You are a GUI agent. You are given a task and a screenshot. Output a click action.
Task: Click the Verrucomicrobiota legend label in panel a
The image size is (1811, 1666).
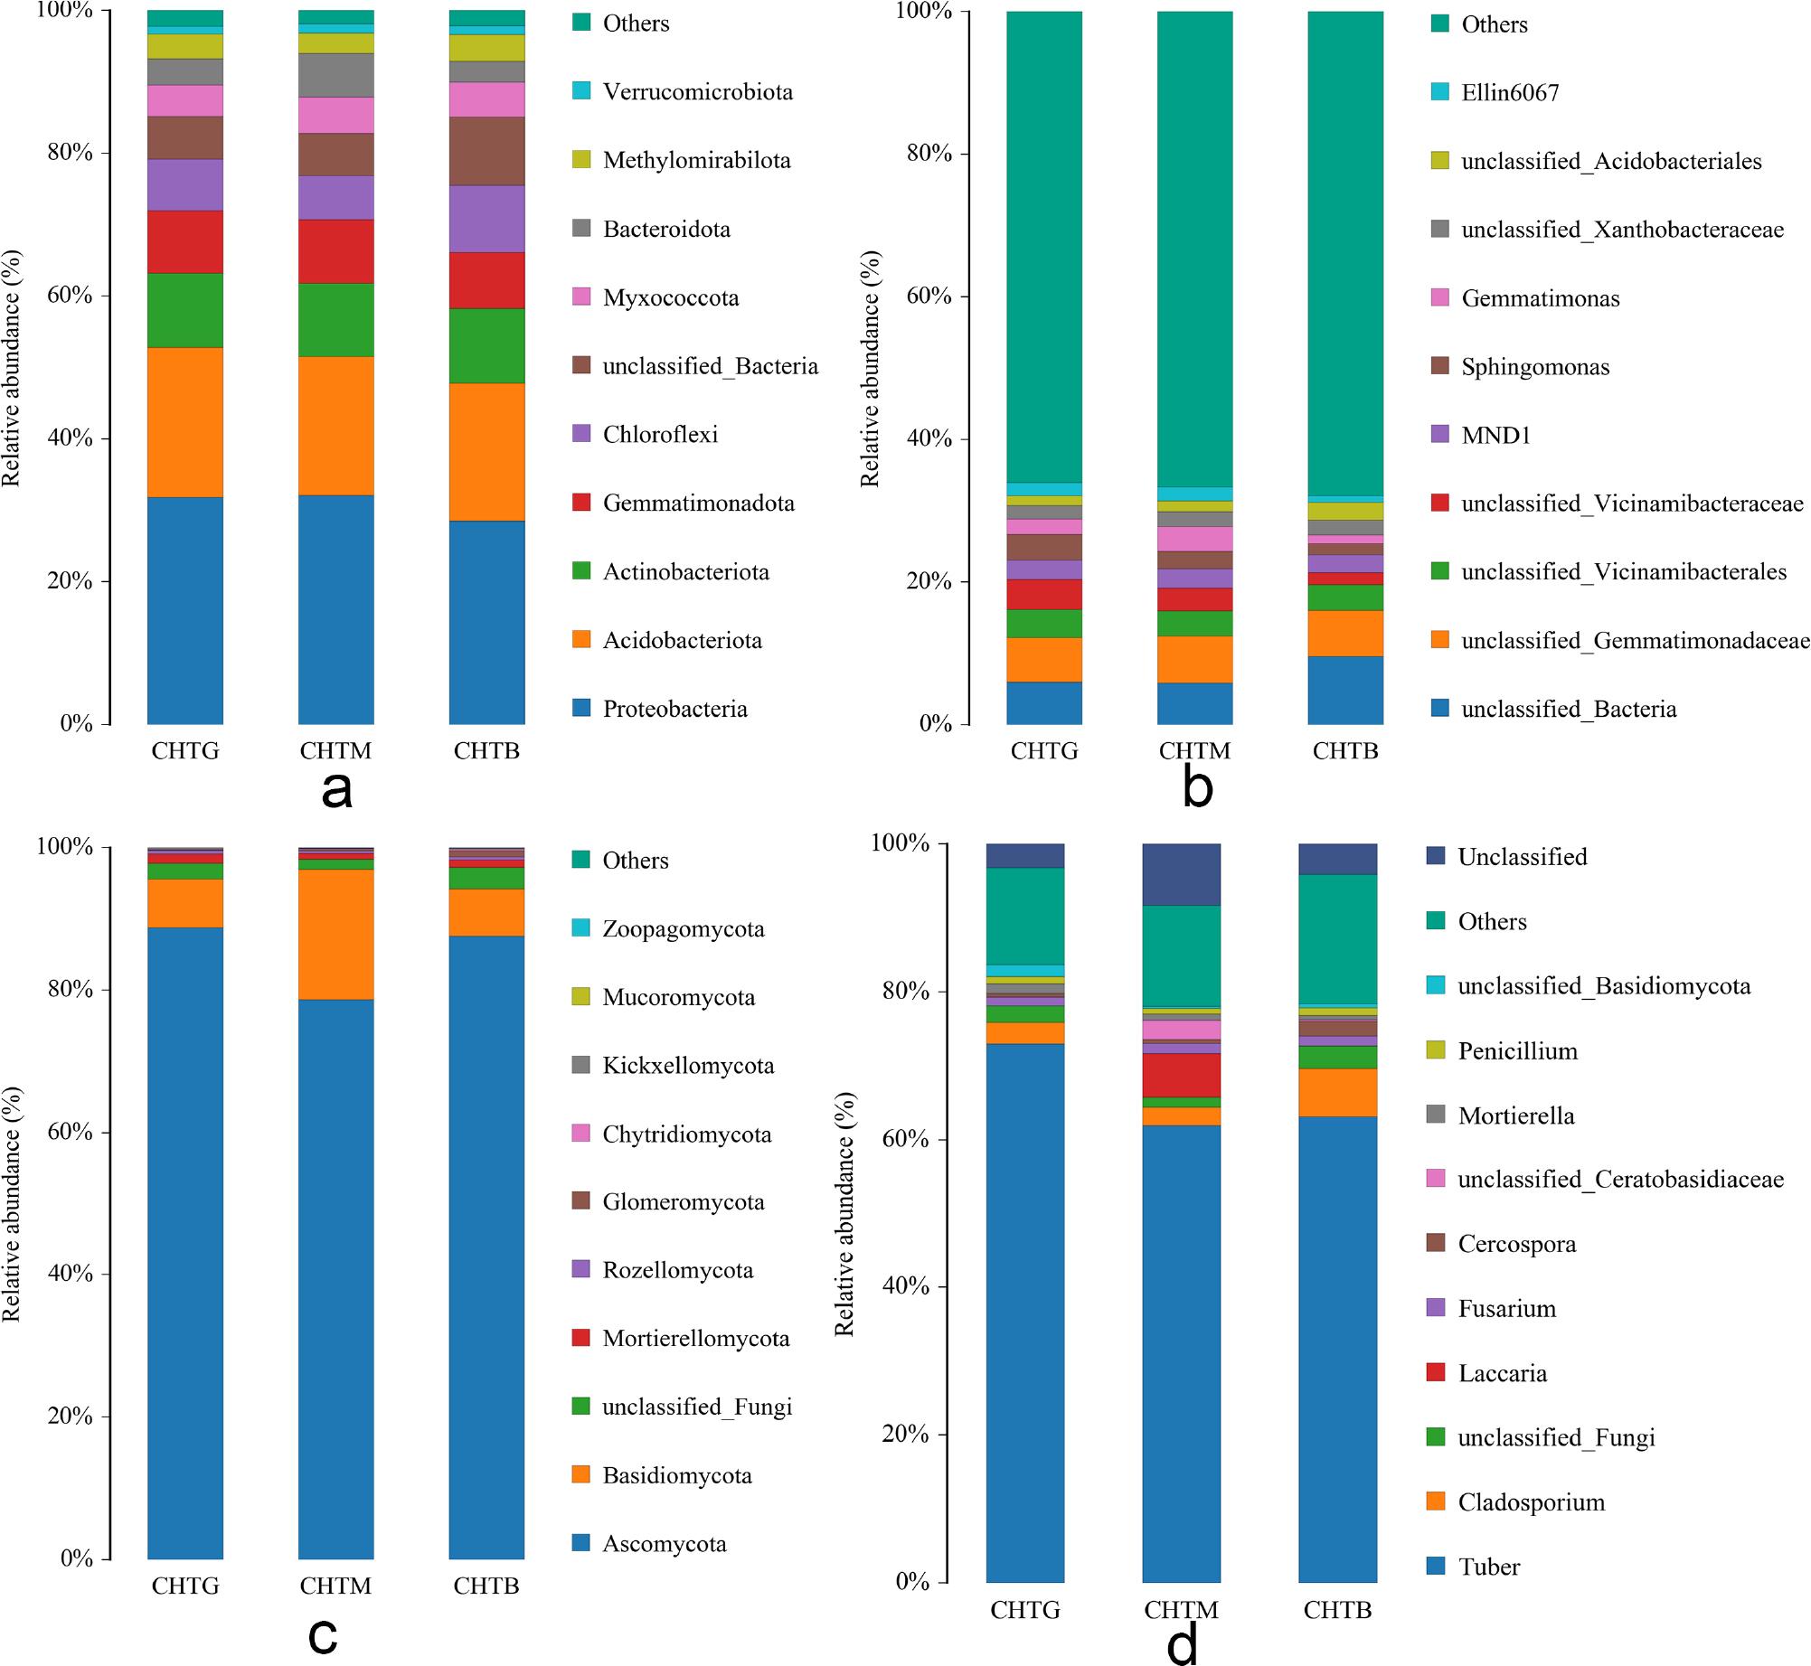(697, 92)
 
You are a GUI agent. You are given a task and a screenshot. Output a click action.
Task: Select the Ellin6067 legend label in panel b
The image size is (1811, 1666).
(1510, 93)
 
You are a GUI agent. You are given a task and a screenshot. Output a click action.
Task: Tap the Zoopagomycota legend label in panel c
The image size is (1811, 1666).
(683, 929)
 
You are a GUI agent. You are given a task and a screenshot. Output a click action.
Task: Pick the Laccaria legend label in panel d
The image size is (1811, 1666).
(1502, 1373)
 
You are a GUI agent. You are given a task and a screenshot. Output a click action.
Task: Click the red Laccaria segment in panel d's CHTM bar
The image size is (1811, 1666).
(1181, 1075)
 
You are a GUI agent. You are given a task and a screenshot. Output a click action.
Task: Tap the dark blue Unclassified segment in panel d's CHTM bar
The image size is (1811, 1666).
(1181, 874)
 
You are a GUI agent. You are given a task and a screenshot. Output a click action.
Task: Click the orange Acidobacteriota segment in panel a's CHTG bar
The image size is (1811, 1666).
(185, 422)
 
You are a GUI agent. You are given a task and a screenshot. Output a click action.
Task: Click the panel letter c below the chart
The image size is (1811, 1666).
(323, 1633)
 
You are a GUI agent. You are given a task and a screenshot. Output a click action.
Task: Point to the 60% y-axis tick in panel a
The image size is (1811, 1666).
(71, 296)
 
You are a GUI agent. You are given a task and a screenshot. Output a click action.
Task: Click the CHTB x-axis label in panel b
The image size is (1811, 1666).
(1345, 752)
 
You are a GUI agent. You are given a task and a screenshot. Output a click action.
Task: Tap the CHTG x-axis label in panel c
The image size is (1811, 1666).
(185, 1586)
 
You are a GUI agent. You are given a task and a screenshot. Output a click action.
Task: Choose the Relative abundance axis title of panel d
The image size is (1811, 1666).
(844, 1213)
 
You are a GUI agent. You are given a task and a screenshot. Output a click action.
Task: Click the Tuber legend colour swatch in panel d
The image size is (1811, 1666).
(1435, 1567)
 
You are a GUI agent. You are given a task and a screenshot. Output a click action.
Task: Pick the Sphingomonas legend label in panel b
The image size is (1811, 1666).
(1534, 367)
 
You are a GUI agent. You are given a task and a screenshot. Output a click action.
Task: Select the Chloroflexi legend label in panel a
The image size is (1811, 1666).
(660, 435)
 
